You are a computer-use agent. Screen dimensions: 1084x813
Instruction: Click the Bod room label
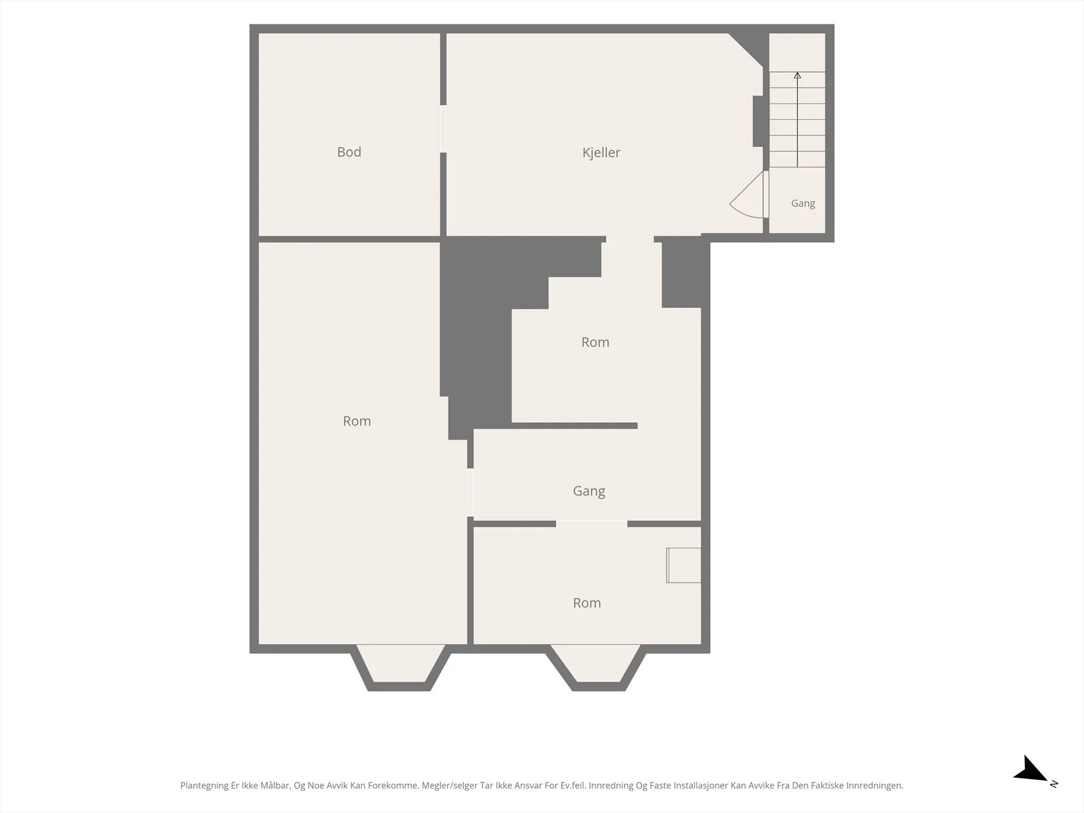[349, 152]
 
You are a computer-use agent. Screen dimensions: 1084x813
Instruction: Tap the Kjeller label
[601, 152]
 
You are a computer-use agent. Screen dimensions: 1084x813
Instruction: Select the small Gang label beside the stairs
[803, 203]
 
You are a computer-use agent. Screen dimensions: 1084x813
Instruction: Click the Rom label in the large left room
[356, 421]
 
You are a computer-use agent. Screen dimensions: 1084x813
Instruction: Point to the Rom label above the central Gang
[595, 342]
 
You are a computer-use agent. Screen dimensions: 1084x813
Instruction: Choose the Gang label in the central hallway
[589, 491]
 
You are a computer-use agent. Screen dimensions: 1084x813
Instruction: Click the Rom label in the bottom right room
[587, 603]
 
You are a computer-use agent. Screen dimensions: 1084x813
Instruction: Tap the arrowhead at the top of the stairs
[797, 75]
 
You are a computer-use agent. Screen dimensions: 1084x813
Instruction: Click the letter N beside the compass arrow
[1054, 783]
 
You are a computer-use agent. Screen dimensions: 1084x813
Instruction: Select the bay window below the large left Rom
[400, 667]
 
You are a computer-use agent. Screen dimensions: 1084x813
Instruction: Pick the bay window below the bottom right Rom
[598, 667]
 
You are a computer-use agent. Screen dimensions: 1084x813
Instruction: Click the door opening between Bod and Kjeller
[443, 129]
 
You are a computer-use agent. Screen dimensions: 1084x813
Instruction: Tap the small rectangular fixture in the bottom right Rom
[684, 565]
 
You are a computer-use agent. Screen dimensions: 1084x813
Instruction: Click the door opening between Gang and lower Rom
[591, 524]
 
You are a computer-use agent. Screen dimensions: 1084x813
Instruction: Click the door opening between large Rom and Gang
[470, 493]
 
